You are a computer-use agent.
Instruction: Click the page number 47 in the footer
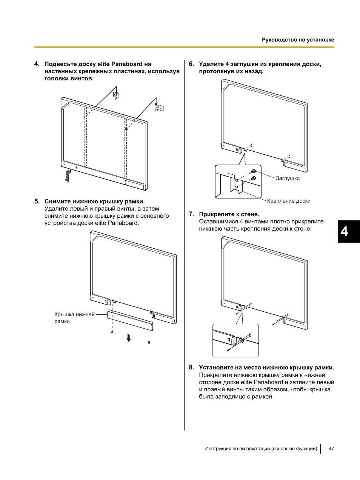pyautogui.click(x=331, y=449)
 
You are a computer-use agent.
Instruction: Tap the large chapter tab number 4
pyautogui.click(x=345, y=231)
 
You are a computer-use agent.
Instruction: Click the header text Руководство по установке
pyautogui.click(x=298, y=40)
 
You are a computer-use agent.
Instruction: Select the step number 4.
pyautogui.click(x=37, y=64)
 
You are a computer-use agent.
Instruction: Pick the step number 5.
pyautogui.click(x=37, y=202)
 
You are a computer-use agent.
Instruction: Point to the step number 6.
pyautogui.click(x=191, y=64)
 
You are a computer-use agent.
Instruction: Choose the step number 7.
pyautogui.click(x=191, y=214)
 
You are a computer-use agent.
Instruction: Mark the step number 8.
pyautogui.click(x=191, y=368)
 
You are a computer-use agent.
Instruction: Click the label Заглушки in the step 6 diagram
pyautogui.click(x=288, y=178)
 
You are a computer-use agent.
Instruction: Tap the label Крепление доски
pyautogui.click(x=289, y=201)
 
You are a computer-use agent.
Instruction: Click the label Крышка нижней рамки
pyautogui.click(x=74, y=318)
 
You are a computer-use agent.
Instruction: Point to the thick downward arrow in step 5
pyautogui.click(x=129, y=338)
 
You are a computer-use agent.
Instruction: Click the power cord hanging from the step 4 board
pyautogui.click(x=68, y=176)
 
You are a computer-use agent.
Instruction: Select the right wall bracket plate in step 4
pyautogui.click(x=160, y=108)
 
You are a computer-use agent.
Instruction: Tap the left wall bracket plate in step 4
pyautogui.click(x=116, y=95)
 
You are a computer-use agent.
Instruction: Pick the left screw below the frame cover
pyautogui.click(x=112, y=332)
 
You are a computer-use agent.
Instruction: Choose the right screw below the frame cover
pyautogui.click(x=149, y=342)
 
